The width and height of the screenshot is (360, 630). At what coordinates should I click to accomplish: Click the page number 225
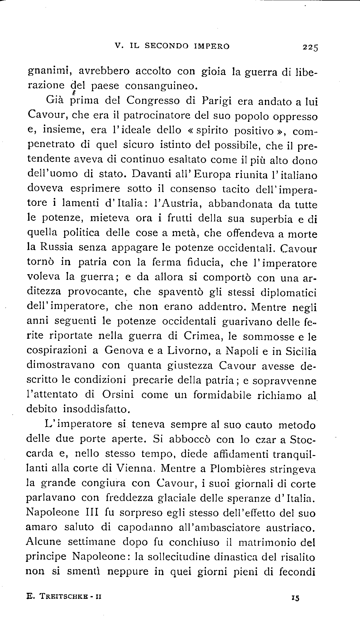pyautogui.click(x=310, y=47)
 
